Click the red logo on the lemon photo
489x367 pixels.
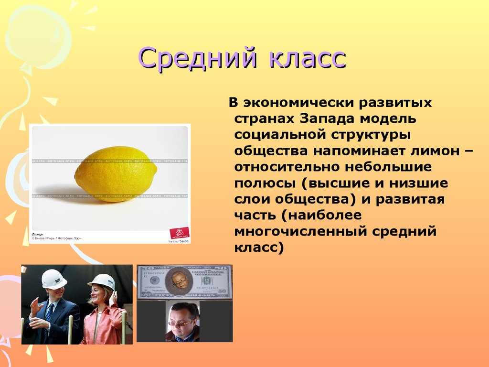[179, 233]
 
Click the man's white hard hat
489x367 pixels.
[54, 279]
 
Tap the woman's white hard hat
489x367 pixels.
[101, 281]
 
